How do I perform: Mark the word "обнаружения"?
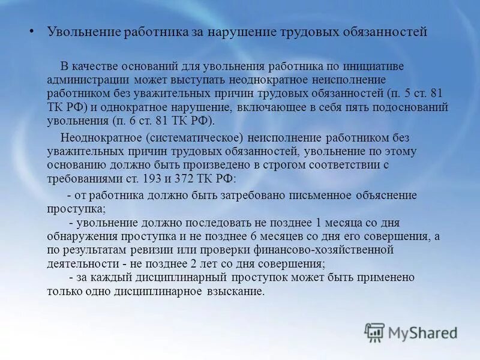pos(79,236)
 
